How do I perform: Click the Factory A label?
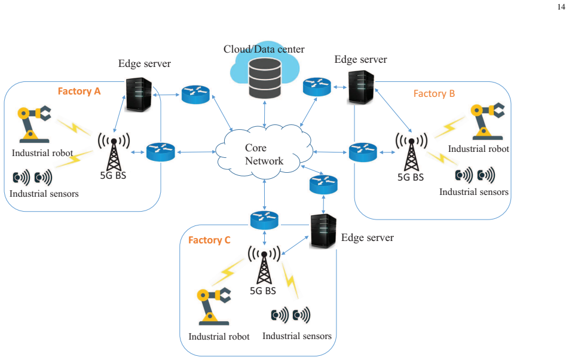(79, 91)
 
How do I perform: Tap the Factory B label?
(434, 94)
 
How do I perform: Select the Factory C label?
(209, 240)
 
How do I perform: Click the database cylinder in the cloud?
(265, 78)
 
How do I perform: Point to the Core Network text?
(264, 154)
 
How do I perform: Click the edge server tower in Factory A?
(138, 94)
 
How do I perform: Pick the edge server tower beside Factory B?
(361, 87)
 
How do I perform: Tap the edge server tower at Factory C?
(323, 231)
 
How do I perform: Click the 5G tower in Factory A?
(114, 152)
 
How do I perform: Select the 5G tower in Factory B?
(411, 152)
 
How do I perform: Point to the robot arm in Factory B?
(487, 121)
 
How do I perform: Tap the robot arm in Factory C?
(214, 306)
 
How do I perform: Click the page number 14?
(561, 7)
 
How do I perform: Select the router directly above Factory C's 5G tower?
(264, 220)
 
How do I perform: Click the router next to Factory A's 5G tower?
(160, 152)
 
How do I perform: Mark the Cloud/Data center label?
(264, 49)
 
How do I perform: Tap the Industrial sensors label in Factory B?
(473, 191)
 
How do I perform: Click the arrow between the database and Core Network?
(265, 114)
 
